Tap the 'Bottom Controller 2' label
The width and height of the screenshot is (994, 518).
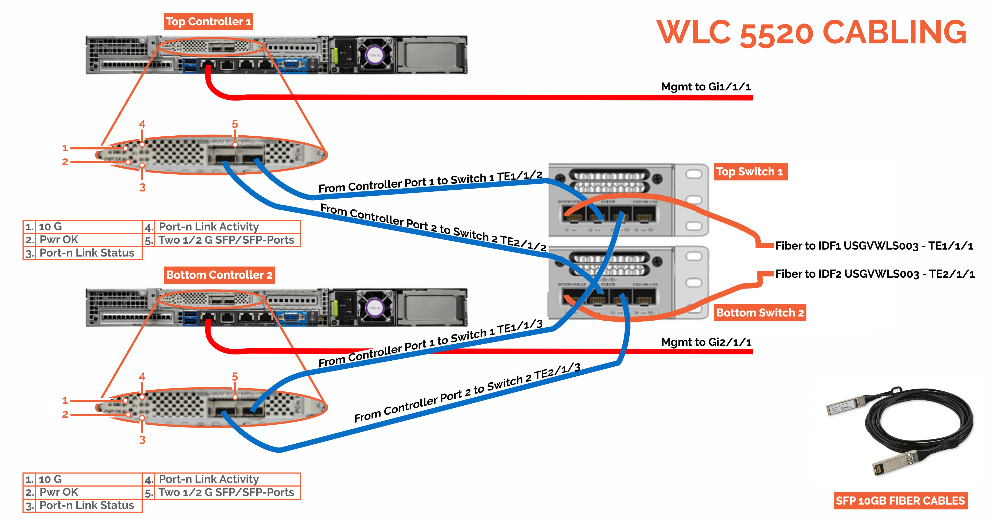click(219, 275)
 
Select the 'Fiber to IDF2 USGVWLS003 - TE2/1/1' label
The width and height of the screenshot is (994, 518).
click(874, 274)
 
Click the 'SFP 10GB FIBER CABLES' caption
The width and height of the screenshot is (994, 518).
click(900, 501)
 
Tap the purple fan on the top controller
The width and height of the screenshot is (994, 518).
click(374, 55)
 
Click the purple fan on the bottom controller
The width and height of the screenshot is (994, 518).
click(374, 308)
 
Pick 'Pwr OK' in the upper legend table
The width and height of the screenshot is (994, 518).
click(59, 239)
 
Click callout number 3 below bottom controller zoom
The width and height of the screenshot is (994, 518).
click(142, 440)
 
